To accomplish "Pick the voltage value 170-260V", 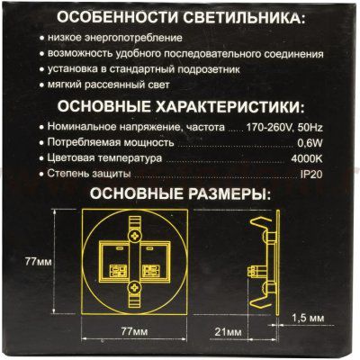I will tap(267, 128).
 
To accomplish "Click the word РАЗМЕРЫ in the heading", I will tap(223, 193).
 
